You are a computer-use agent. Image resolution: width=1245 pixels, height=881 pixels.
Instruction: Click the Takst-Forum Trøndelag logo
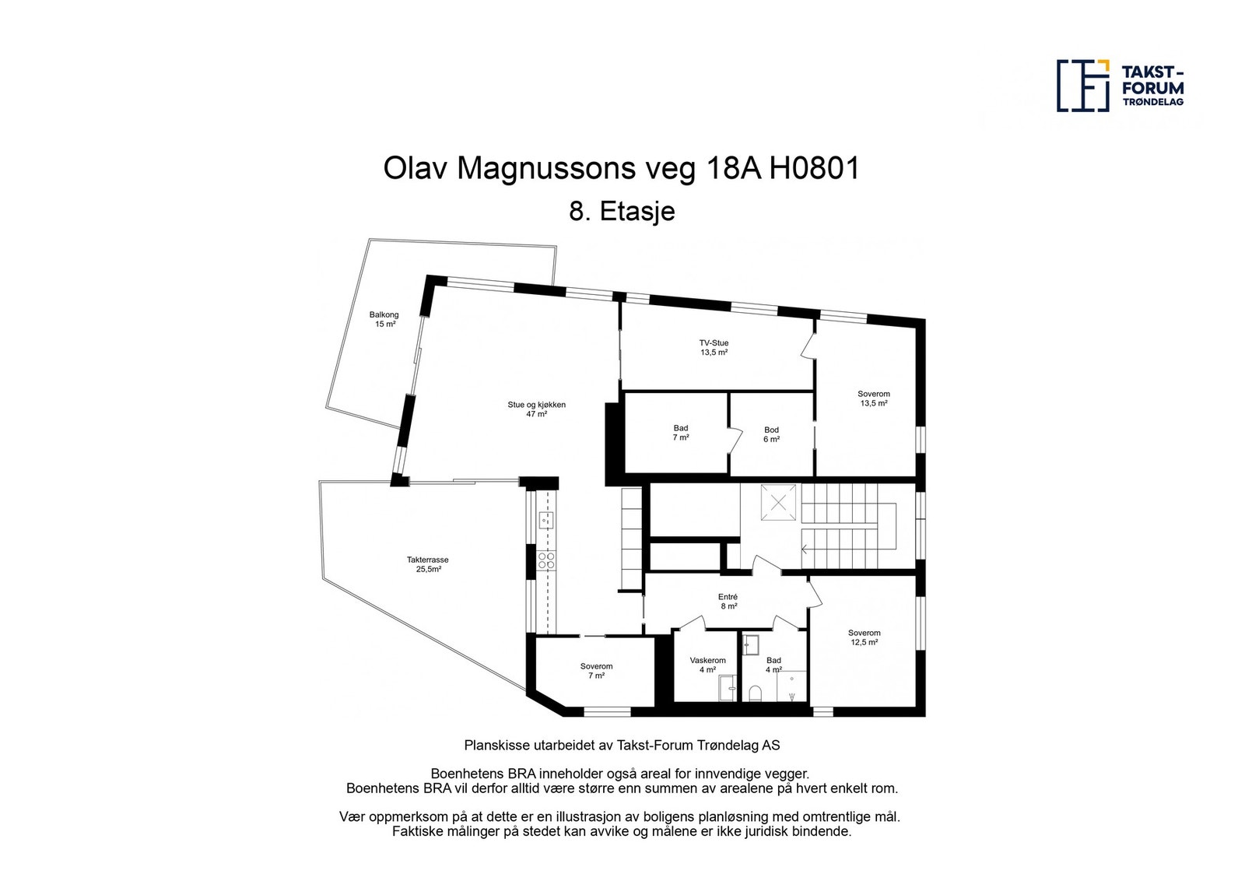(x=1120, y=86)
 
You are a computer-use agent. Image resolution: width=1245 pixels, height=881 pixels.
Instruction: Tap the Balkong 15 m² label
(x=384, y=319)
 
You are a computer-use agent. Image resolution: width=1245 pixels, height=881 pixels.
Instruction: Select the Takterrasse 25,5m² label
(x=427, y=564)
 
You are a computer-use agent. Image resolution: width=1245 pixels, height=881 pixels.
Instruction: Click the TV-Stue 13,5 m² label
(x=714, y=347)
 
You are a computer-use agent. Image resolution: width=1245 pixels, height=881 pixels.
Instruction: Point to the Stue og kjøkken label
(x=536, y=409)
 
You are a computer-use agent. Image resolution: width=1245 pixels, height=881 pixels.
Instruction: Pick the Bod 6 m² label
(x=771, y=434)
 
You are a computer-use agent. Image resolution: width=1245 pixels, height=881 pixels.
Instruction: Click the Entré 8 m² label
(x=728, y=601)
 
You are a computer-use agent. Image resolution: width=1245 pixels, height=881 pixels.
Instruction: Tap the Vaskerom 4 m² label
(x=707, y=665)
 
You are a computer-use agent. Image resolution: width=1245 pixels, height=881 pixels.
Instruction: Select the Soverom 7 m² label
(x=596, y=671)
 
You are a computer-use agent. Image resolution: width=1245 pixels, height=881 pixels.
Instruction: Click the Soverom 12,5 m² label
(x=864, y=637)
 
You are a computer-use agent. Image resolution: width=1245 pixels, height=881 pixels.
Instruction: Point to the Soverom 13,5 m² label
(x=874, y=398)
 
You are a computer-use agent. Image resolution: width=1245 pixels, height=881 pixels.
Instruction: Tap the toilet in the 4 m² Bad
(x=754, y=692)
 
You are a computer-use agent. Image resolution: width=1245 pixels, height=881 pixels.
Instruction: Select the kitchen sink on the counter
(x=546, y=520)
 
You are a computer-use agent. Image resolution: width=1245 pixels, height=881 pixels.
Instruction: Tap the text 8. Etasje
(x=622, y=212)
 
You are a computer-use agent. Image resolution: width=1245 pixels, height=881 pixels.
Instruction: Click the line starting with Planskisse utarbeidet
(x=622, y=745)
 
